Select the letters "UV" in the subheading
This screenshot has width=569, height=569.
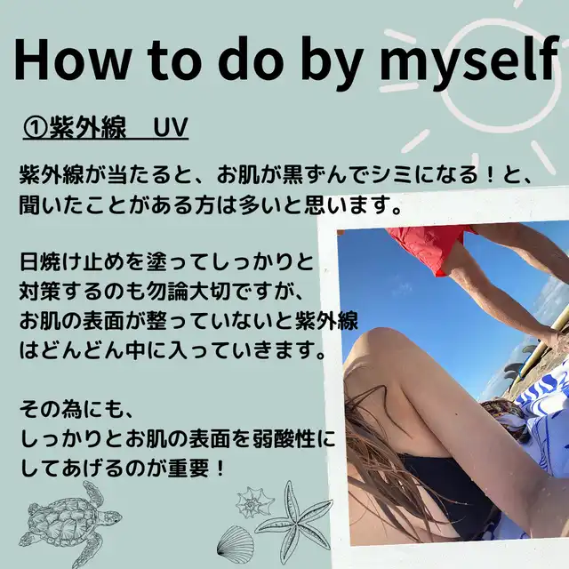(170, 127)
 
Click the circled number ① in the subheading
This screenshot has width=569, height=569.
(35, 128)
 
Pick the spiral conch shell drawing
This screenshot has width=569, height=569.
(255, 502)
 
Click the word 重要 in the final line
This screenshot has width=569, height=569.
(188, 469)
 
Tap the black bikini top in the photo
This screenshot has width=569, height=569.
(450, 486)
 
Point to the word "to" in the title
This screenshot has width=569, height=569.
(173, 60)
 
